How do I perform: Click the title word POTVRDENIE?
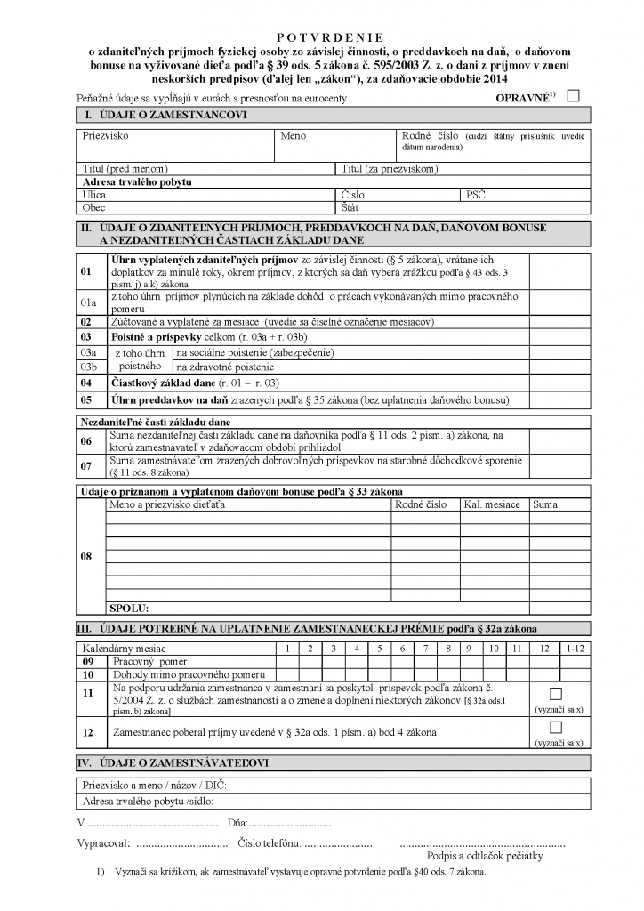point(330,37)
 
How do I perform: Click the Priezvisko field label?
point(106,136)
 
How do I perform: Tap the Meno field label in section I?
point(293,136)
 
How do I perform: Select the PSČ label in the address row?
point(475,194)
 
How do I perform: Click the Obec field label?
point(93,207)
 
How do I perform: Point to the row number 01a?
point(88,302)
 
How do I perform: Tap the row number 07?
point(86,465)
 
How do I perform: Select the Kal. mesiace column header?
point(492,505)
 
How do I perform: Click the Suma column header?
point(545,505)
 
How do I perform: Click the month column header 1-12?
point(575,649)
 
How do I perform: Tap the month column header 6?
point(403,649)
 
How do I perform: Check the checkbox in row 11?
point(556,693)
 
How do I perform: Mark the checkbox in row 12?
point(556,727)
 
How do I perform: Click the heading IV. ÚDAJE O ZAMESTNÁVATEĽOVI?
point(174,763)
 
